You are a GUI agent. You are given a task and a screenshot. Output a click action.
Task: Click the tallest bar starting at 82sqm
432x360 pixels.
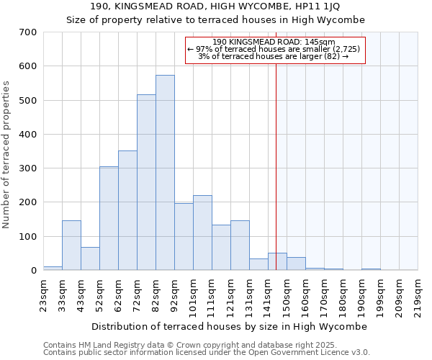(x=165, y=173)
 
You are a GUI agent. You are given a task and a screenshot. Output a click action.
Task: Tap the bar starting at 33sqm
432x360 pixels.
(x=71, y=245)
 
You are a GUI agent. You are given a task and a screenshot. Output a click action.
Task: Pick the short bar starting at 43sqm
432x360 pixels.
(x=90, y=258)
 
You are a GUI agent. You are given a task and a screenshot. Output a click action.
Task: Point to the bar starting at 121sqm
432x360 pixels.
(x=240, y=245)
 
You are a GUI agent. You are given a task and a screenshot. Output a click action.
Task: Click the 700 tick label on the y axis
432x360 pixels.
(x=28, y=32)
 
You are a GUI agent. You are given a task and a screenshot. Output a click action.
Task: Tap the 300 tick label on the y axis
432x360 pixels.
(x=28, y=168)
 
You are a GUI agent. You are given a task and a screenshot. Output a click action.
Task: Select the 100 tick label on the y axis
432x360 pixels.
(x=28, y=237)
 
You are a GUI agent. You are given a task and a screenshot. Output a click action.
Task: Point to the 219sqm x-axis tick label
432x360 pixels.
(x=418, y=294)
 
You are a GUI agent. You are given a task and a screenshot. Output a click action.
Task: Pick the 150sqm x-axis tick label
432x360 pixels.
(x=287, y=294)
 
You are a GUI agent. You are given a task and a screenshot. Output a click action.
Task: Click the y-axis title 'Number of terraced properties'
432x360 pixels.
(x=6, y=154)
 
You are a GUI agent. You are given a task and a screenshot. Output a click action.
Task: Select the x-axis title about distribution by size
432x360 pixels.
(x=230, y=326)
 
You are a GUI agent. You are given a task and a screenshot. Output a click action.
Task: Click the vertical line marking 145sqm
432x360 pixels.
(x=276, y=166)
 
